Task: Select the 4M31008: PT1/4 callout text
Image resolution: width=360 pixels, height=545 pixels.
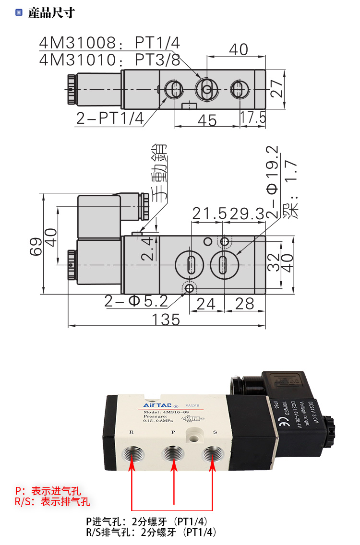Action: point(109,43)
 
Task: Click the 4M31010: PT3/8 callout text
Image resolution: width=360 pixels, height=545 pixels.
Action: point(109,60)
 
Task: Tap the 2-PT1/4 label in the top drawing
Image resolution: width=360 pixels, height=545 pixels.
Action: point(110,118)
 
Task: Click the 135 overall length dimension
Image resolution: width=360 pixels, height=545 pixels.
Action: point(167,319)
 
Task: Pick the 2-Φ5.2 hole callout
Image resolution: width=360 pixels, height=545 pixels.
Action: point(136,301)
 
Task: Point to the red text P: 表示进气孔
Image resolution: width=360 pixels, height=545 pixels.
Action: point(48,491)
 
